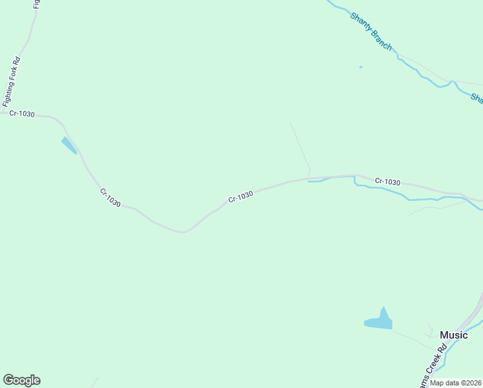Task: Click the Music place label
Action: (x=453, y=335)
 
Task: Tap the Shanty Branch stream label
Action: (x=371, y=31)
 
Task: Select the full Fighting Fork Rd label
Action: (x=12, y=81)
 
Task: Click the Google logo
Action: (x=21, y=380)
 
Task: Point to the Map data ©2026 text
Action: (x=456, y=383)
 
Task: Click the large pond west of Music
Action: (x=379, y=321)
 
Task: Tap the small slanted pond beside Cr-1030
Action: (x=68, y=145)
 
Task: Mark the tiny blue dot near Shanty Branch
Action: (x=360, y=67)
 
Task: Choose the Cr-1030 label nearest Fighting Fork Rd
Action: (x=22, y=114)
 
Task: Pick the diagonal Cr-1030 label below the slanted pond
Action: (x=110, y=197)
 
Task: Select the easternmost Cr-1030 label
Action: (x=387, y=182)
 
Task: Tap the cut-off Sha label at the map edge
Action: (x=477, y=98)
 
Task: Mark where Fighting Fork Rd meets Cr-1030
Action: (x=3, y=112)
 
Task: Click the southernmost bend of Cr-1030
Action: (x=183, y=231)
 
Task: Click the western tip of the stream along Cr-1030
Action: (x=309, y=181)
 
